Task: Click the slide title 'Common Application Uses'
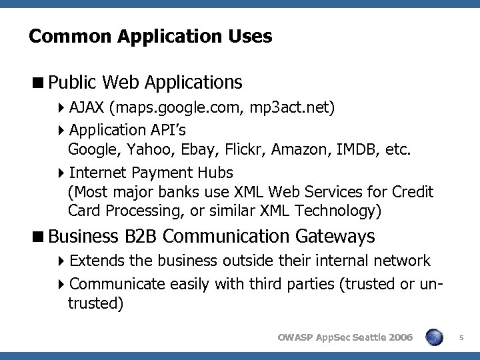pos(150,36)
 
